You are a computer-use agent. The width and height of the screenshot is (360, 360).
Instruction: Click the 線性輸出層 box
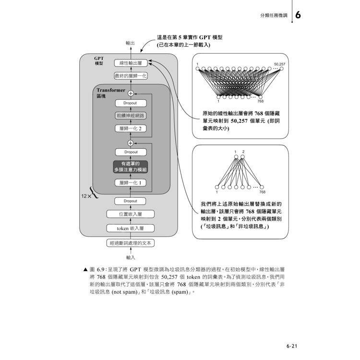[x=131, y=63]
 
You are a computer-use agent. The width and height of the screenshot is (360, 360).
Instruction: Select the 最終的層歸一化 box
[x=131, y=76]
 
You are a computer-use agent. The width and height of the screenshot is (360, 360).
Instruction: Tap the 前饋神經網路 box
[x=131, y=116]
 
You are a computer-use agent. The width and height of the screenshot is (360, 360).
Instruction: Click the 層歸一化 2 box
[x=131, y=129]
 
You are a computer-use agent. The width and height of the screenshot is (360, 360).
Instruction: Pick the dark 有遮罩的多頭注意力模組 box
[x=131, y=167]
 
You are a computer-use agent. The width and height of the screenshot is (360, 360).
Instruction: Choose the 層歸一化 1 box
[x=131, y=183]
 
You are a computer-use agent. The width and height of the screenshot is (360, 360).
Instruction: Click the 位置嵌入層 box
[x=131, y=214]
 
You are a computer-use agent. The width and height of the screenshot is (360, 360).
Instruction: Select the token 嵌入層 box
[x=131, y=228]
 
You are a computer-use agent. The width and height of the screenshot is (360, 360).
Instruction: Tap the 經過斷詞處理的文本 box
[x=131, y=243]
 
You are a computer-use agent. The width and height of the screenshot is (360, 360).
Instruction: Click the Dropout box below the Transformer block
[x=130, y=201]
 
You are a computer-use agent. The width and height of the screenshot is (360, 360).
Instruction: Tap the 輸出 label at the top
[x=130, y=43]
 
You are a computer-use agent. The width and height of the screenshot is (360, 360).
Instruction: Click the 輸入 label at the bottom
[x=131, y=257]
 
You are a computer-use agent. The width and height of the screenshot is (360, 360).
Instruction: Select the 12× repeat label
[x=86, y=196]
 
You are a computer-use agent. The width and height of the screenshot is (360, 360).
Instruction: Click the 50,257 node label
[x=280, y=64]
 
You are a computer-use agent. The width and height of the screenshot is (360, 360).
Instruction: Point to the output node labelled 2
[x=243, y=157]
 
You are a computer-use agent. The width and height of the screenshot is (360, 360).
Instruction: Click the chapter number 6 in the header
[x=298, y=15]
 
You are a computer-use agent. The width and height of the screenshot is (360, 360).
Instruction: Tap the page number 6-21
[x=292, y=346]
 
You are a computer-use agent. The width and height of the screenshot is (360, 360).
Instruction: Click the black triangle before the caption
[x=85, y=270]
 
